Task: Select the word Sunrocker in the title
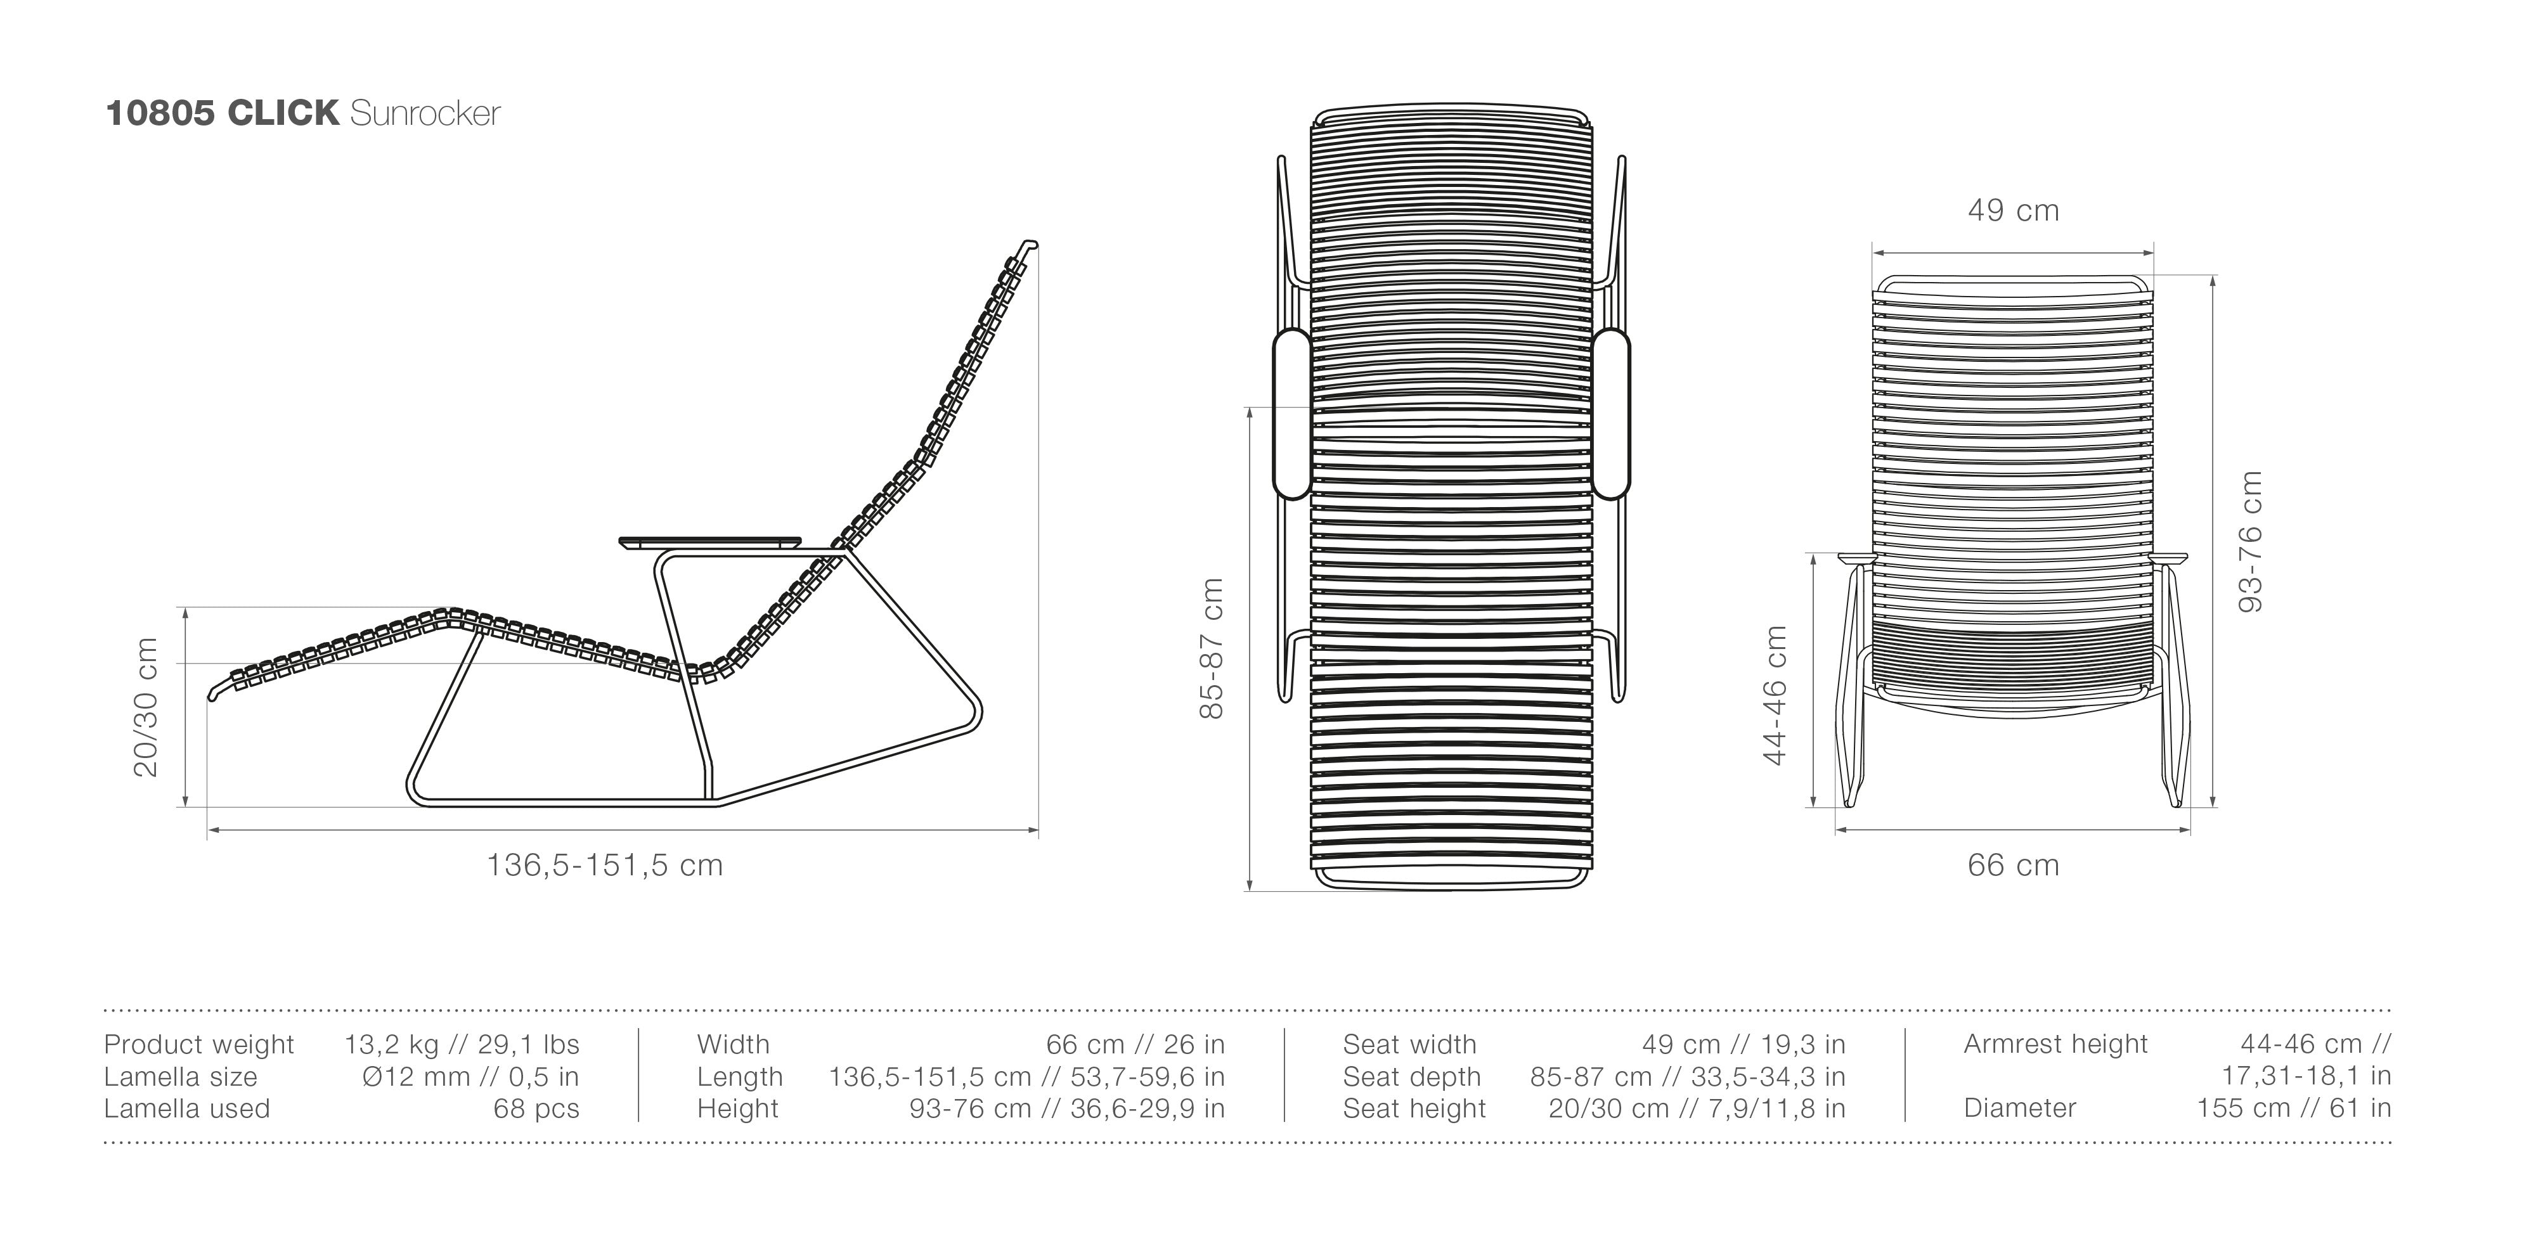point(425,113)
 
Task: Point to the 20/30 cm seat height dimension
point(146,707)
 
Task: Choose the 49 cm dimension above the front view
point(2013,210)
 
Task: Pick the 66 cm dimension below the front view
point(2013,865)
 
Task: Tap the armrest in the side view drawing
point(710,541)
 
